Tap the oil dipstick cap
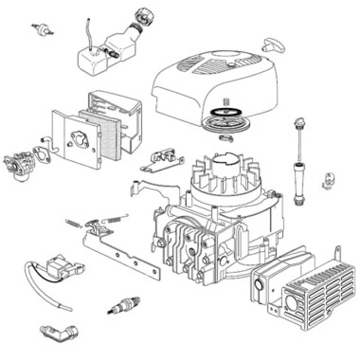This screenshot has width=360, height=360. tap(297, 122)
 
